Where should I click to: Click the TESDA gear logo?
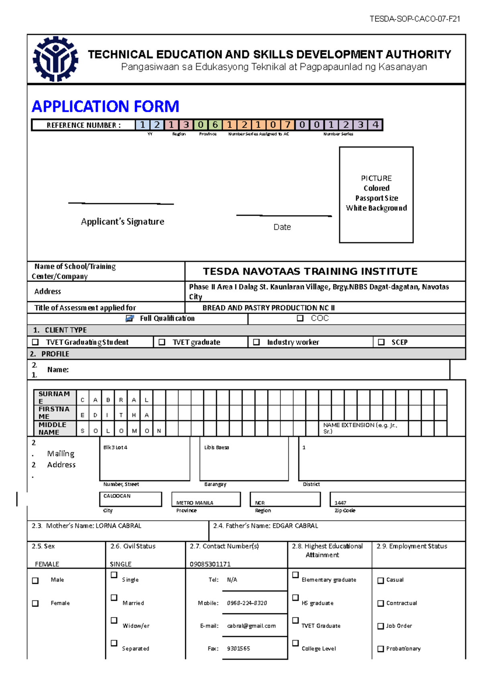(55, 59)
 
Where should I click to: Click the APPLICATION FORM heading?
(105, 106)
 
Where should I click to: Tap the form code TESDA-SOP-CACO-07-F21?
(415, 19)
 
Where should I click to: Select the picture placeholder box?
(376, 195)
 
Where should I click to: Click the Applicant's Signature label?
(123, 222)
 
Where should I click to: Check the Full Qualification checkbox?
(129, 319)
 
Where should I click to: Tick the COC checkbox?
(300, 318)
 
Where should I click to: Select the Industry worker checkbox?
(256, 342)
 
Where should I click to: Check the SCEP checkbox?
(381, 342)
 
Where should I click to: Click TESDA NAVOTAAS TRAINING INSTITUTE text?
(310, 272)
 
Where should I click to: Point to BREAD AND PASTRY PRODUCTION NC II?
(268, 308)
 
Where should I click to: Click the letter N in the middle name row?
(159, 431)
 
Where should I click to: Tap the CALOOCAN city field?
(130, 499)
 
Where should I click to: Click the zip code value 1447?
(340, 503)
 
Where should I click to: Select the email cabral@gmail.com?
(251, 626)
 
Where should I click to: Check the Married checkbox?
(114, 598)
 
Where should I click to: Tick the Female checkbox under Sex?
(35, 603)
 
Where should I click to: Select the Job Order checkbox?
(381, 626)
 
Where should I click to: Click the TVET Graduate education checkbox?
(296, 621)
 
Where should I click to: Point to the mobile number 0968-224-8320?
(247, 603)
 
